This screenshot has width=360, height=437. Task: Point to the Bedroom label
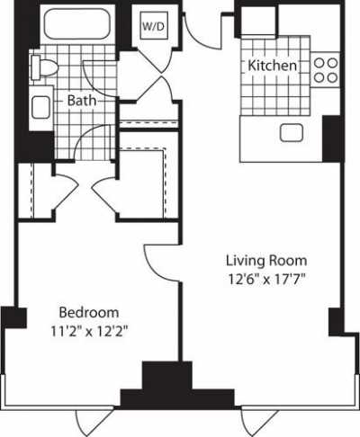click(x=89, y=312)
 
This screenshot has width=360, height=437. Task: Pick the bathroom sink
click(x=41, y=108)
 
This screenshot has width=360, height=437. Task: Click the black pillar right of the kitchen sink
click(x=331, y=135)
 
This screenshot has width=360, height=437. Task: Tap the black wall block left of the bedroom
click(x=13, y=319)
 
